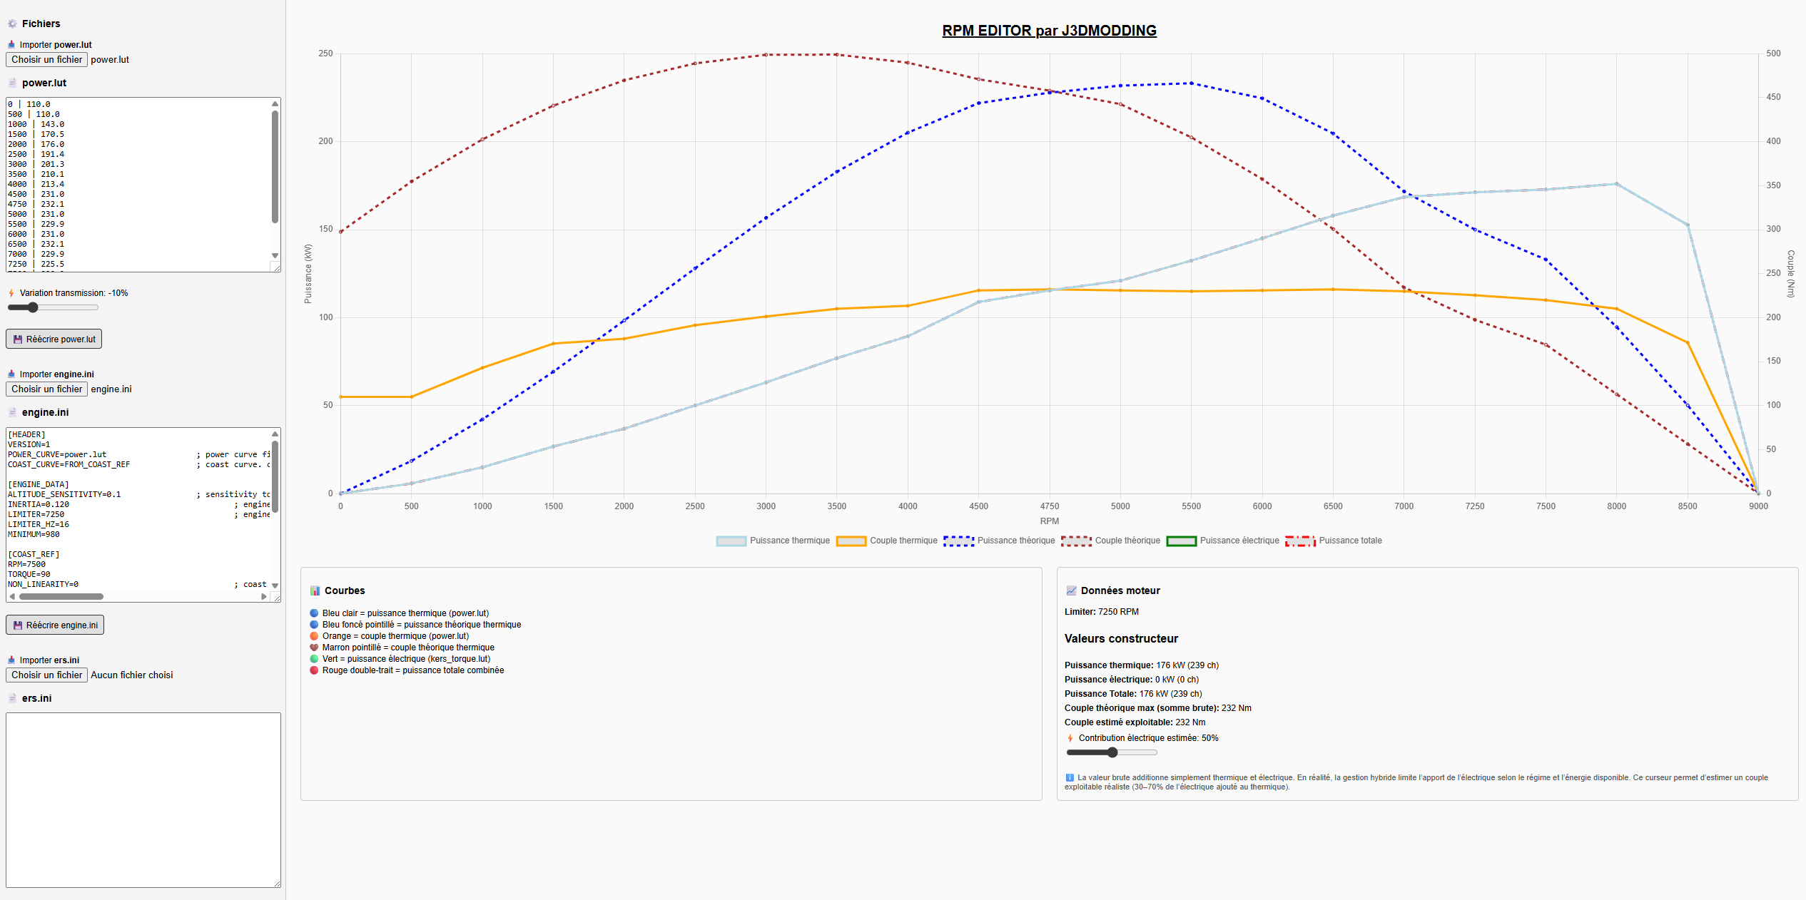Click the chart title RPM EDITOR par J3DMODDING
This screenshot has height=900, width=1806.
1049,31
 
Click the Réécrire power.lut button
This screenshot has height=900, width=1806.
54,339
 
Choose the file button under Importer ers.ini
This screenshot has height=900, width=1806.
46,675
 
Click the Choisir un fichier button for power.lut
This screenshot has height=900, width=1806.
46,60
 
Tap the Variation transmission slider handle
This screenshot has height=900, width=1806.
32,307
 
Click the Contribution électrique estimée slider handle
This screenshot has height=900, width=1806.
1112,752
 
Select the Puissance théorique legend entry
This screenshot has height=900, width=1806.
999,541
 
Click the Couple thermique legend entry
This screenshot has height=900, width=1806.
887,541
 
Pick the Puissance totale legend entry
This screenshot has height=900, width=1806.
1334,541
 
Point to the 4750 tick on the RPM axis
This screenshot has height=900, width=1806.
1049,506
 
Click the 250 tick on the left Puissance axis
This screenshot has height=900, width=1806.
325,53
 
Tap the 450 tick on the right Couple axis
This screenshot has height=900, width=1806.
1773,97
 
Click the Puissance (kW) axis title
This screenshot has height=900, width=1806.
308,274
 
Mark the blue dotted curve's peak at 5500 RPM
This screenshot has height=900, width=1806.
1191,83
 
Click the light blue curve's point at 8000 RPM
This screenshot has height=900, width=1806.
1616,184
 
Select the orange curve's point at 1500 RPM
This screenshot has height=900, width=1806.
553,344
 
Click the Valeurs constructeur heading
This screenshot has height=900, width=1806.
1121,639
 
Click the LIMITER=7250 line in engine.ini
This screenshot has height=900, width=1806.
36,514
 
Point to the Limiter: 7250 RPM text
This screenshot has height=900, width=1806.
1101,612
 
